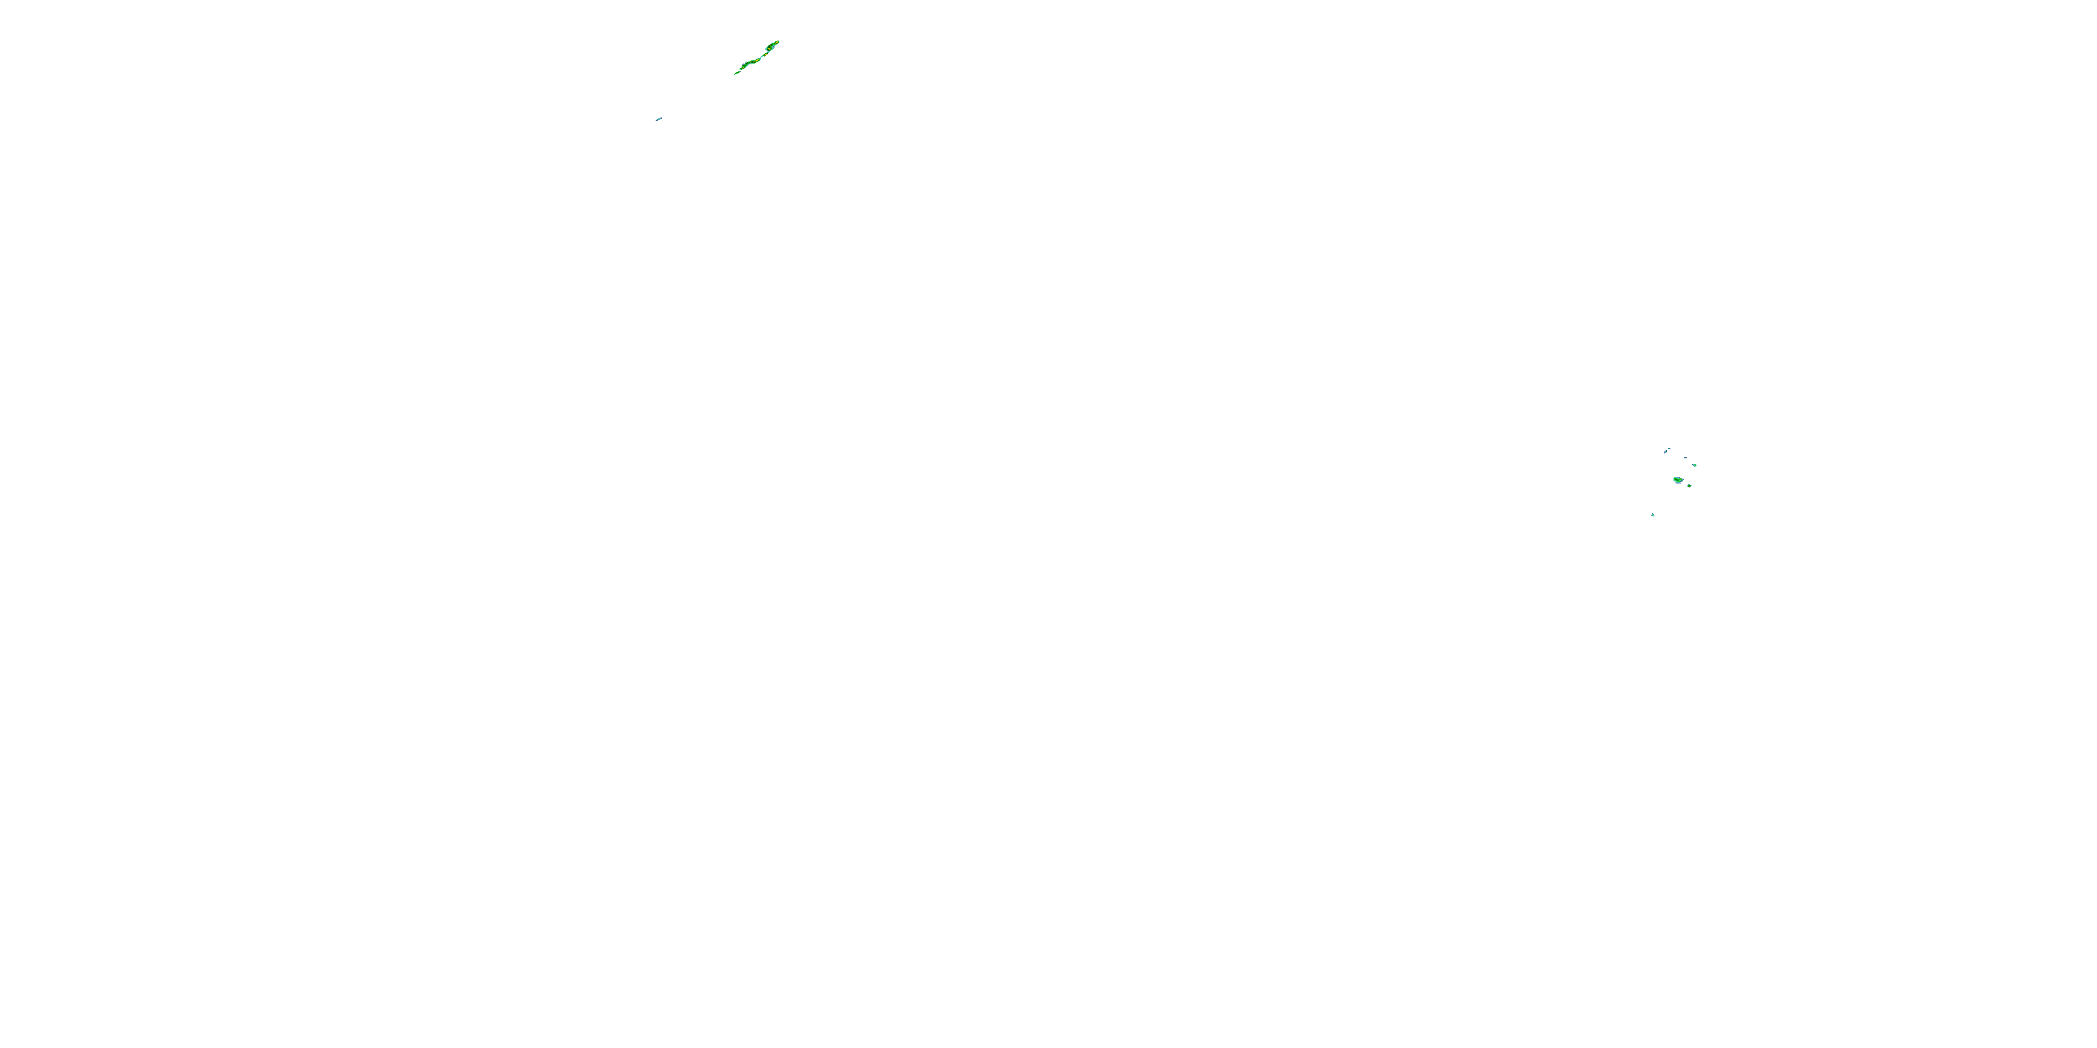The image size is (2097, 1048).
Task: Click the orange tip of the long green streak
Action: [777, 43]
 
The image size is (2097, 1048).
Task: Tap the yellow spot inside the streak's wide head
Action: [770, 50]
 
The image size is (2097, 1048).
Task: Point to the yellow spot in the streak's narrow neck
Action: [766, 55]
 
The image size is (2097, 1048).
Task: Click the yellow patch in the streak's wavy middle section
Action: [757, 61]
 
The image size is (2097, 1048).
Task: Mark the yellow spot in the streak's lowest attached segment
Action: [743, 68]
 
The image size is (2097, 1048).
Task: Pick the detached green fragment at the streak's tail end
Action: [737, 73]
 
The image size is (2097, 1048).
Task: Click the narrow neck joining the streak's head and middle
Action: [763, 56]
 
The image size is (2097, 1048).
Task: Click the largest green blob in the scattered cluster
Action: [1678, 480]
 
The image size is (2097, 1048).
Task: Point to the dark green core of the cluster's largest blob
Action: [1677, 480]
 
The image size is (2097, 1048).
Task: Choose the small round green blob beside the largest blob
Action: [1690, 486]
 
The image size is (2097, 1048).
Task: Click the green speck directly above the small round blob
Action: [1695, 465]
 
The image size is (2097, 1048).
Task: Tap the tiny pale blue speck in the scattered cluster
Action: [1686, 458]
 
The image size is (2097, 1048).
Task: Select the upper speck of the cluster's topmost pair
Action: [1670, 449]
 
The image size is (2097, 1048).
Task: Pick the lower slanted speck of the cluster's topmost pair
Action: [1666, 453]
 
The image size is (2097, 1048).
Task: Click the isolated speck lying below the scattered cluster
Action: [1653, 515]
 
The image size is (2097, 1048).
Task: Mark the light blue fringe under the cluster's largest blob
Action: [1678, 483]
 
